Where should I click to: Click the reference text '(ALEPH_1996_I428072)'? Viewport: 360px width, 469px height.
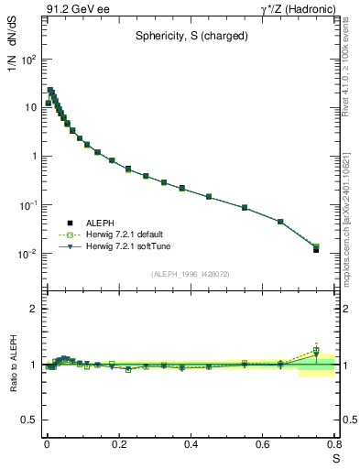pos(190,274)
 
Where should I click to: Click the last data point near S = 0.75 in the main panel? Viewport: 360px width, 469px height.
pos(316,248)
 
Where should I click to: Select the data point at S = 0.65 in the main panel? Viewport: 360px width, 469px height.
pos(280,222)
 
